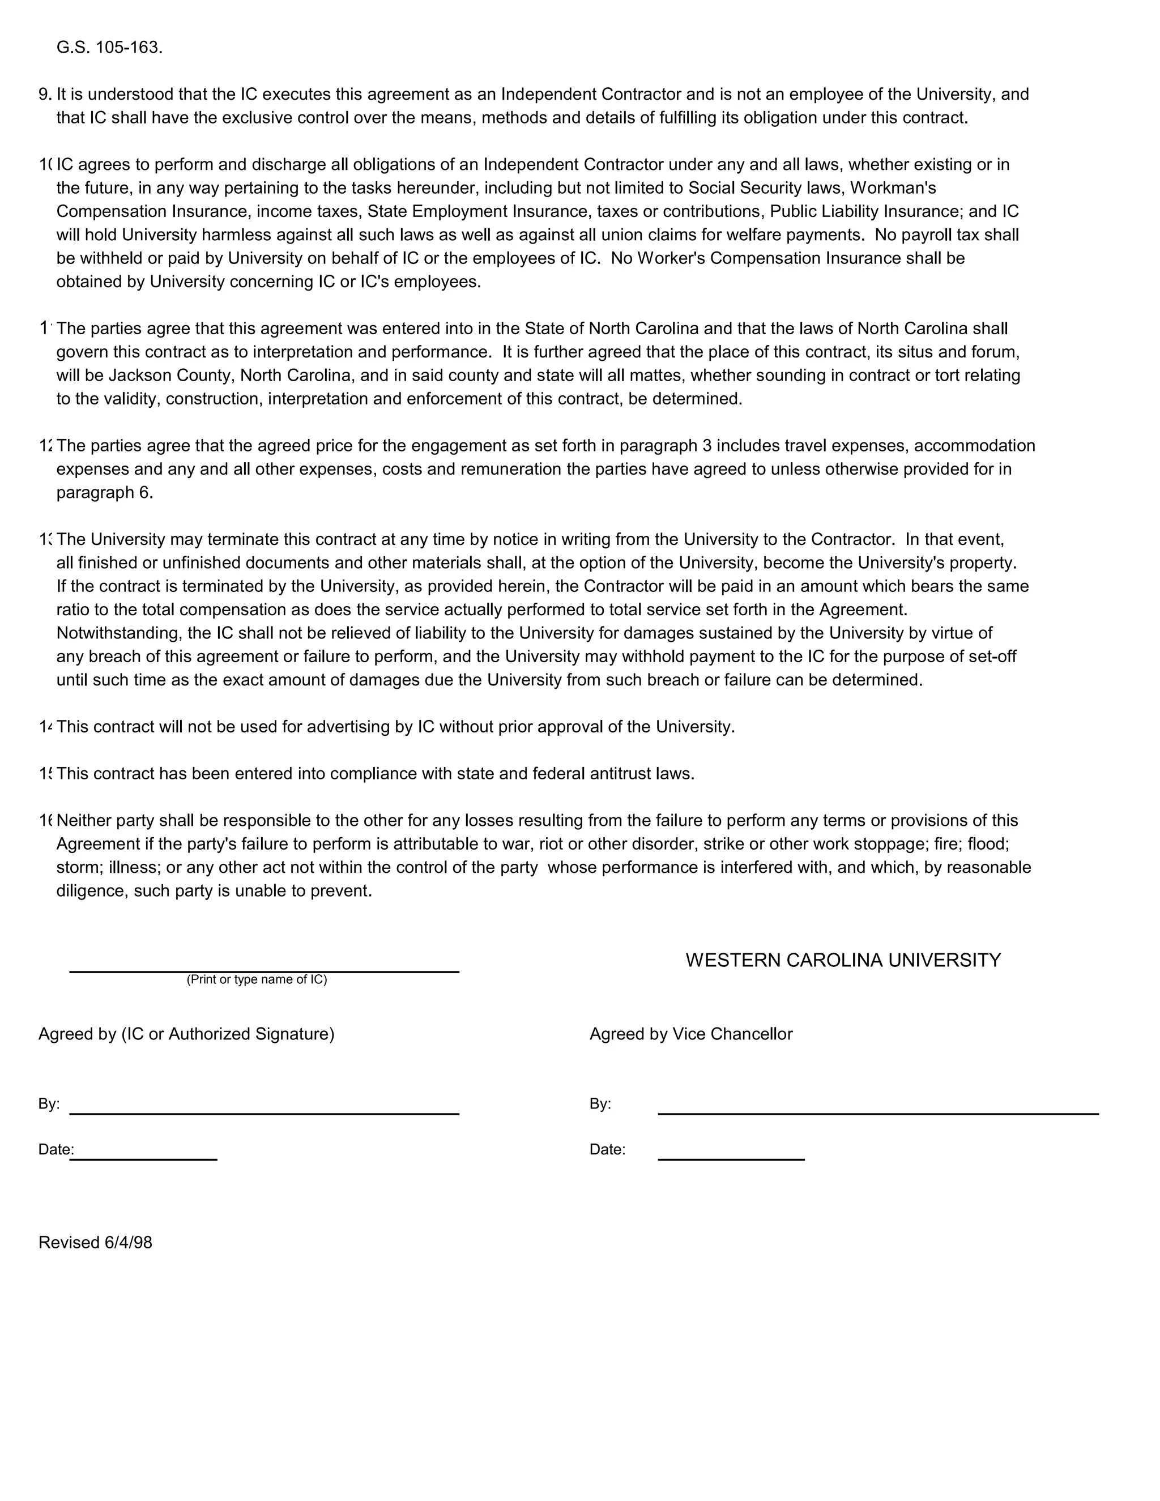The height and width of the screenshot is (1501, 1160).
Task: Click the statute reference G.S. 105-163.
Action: coord(109,48)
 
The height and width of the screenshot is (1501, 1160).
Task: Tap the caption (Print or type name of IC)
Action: coord(257,979)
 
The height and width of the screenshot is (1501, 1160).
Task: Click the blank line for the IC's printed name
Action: coord(264,970)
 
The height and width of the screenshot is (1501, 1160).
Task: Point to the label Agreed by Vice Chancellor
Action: coord(690,1034)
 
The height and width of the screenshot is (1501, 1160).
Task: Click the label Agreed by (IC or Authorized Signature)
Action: coord(186,1034)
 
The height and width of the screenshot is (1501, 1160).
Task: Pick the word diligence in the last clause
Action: coord(89,892)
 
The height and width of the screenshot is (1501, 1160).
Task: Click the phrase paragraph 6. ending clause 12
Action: coord(104,493)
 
